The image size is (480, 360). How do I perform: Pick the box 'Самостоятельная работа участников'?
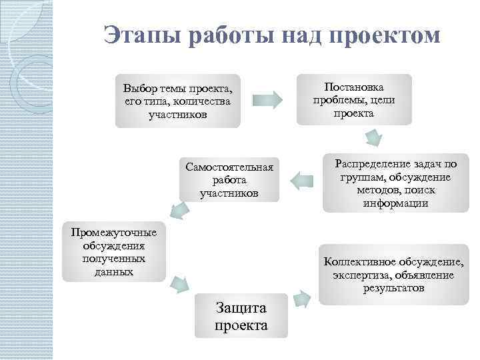[x=229, y=179]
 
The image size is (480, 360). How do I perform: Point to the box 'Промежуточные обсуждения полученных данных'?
[x=114, y=251]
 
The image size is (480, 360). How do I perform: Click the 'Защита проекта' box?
[x=241, y=315]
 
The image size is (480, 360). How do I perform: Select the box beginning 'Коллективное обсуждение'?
[x=393, y=275]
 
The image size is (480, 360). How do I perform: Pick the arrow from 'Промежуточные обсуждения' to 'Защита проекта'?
[x=179, y=284]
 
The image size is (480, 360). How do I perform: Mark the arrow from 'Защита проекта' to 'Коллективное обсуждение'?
[x=301, y=298]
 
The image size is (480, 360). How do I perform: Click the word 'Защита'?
[x=241, y=307]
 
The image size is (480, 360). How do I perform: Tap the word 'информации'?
[x=396, y=203]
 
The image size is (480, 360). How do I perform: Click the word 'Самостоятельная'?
[x=229, y=167]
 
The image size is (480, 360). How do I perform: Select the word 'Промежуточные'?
[x=114, y=232]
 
